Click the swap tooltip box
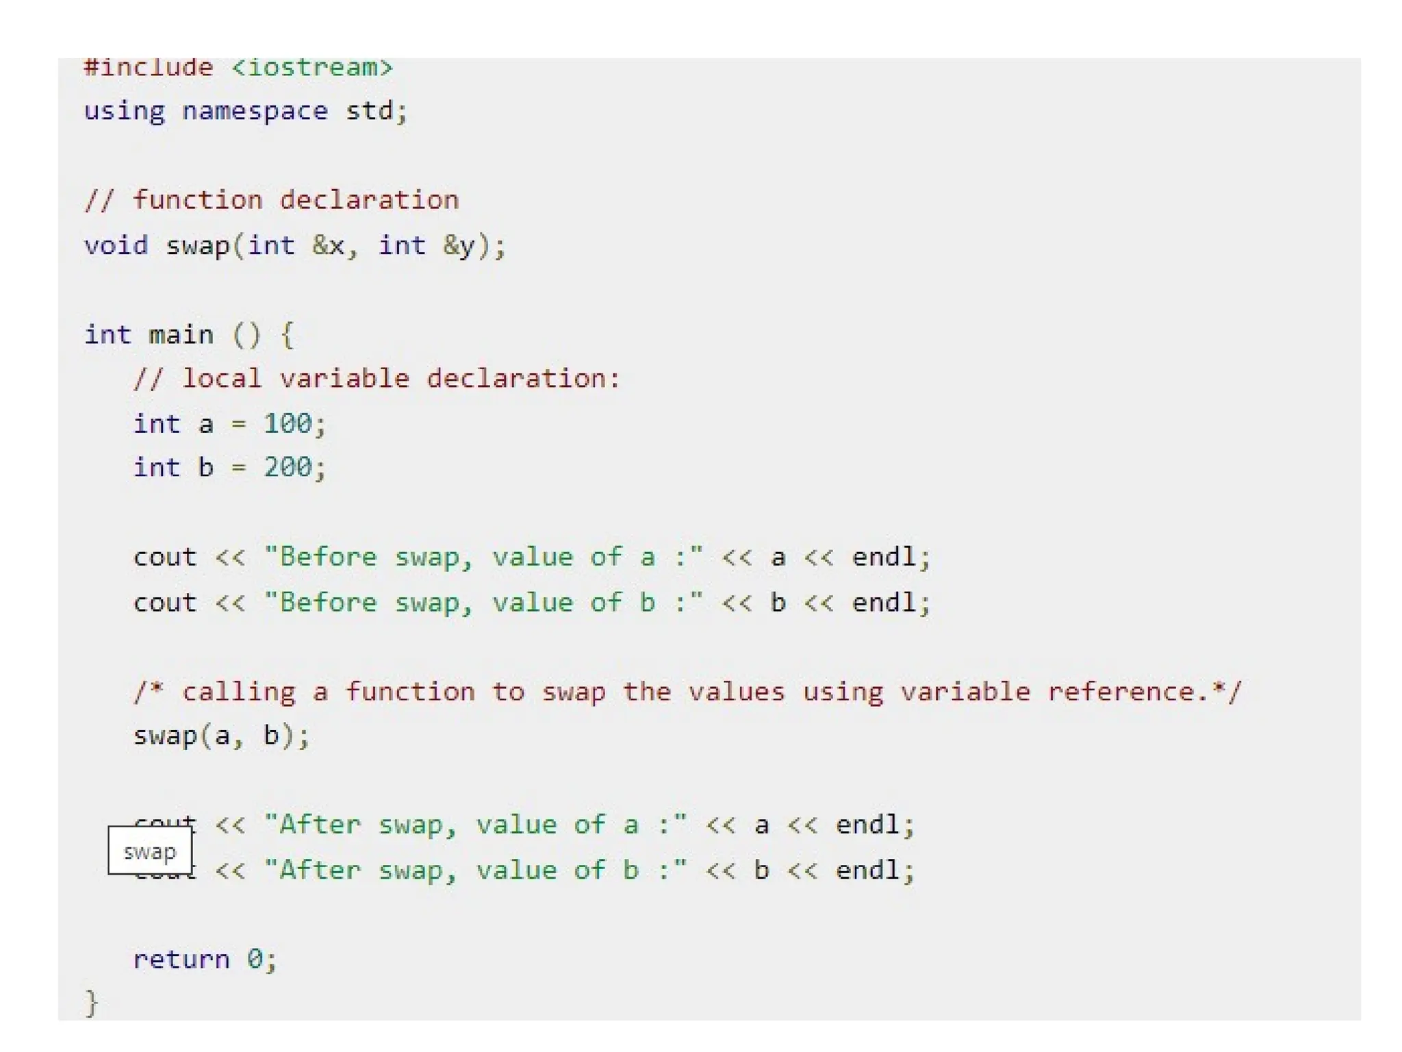(150, 851)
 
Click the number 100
(288, 424)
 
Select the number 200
(288, 468)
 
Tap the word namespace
(255, 111)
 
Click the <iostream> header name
(312, 68)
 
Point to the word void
(116, 245)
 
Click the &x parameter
(328, 245)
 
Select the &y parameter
(459, 245)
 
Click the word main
(181, 335)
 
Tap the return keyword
(181, 959)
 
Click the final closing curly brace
(92, 1003)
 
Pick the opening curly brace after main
(288, 336)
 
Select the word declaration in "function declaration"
(369, 201)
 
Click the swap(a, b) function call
(221, 736)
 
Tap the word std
(369, 111)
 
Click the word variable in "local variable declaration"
(344, 379)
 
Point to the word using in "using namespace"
(125, 111)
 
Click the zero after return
(255, 959)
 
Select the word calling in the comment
(238, 692)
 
